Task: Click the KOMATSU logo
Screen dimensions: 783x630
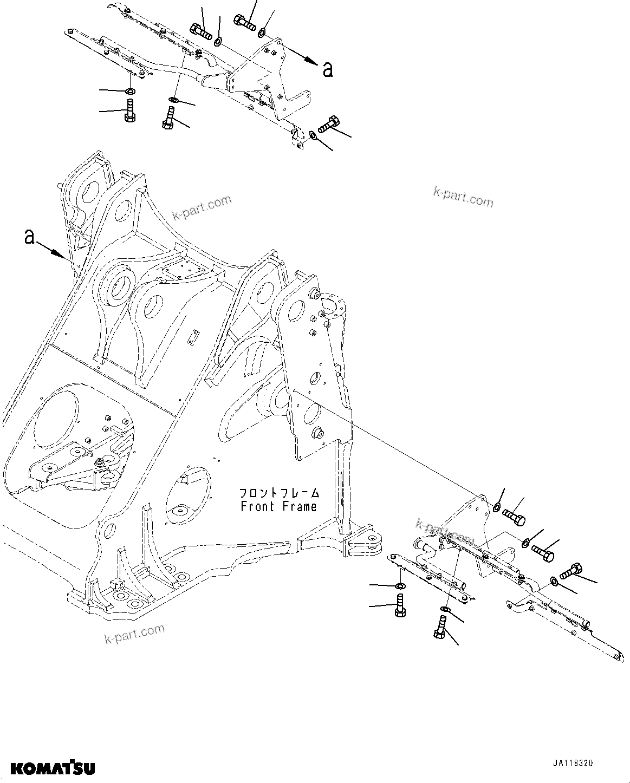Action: point(52,767)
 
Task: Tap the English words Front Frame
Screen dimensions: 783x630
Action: point(278,507)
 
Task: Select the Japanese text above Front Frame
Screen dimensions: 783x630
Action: point(280,493)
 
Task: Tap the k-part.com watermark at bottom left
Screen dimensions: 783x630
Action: point(134,634)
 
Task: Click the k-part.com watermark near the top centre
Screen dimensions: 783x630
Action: point(202,208)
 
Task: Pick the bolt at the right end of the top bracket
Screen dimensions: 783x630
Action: point(328,125)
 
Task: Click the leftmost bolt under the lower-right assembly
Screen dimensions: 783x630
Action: point(399,604)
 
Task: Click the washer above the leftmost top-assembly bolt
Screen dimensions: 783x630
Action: point(130,90)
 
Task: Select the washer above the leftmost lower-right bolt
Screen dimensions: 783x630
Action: point(399,586)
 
